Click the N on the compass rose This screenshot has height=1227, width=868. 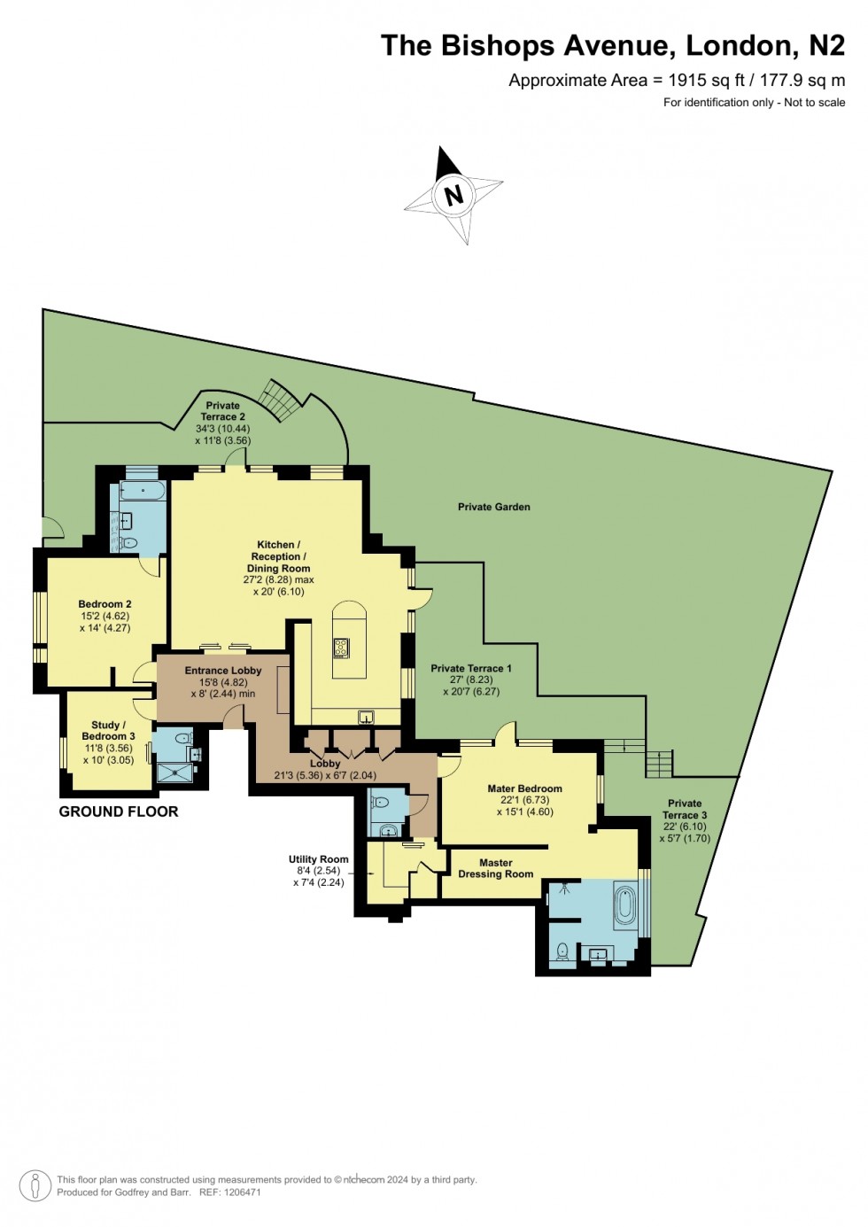[x=453, y=194]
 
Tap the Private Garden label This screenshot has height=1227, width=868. [x=494, y=507]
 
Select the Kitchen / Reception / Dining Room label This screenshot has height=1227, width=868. [x=278, y=556]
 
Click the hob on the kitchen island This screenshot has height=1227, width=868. [x=342, y=648]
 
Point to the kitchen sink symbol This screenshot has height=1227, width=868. [x=366, y=716]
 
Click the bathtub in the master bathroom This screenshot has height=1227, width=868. [x=625, y=905]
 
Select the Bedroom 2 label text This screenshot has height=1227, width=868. [x=105, y=604]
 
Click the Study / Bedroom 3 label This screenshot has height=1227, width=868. [x=108, y=730]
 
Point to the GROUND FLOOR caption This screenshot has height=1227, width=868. [x=119, y=812]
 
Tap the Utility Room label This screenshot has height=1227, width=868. [x=319, y=859]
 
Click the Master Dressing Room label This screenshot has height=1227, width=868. [x=496, y=868]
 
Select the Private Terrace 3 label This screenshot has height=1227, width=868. [x=685, y=809]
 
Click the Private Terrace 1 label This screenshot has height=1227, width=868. [x=471, y=668]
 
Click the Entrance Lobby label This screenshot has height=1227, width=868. [x=223, y=671]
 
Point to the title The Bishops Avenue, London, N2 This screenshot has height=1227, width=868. [x=613, y=45]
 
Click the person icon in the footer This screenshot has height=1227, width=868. [x=35, y=1185]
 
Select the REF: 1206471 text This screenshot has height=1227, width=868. [x=230, y=1192]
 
